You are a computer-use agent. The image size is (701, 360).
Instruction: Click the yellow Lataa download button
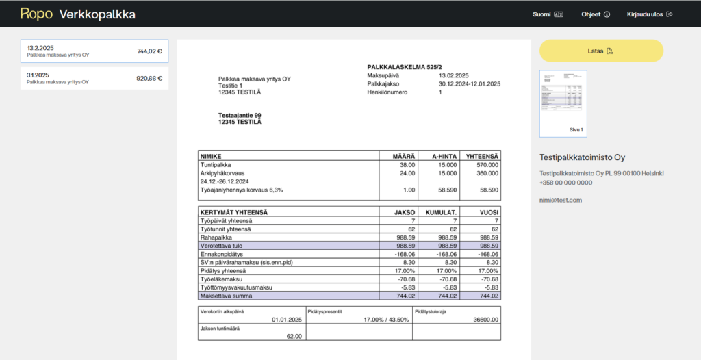tap(601, 51)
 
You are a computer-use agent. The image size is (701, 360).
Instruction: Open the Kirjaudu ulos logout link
tap(650, 14)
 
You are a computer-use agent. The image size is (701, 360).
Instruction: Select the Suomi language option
tap(547, 14)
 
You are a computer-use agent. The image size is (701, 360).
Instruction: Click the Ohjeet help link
tap(594, 14)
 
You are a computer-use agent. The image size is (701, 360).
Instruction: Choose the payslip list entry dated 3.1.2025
tap(94, 78)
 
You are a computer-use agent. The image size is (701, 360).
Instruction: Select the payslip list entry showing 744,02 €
tap(94, 51)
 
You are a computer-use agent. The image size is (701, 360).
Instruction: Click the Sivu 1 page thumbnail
tap(563, 103)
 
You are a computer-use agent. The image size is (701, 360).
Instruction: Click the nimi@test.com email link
tap(560, 200)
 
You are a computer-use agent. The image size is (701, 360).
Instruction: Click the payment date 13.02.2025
tap(453, 75)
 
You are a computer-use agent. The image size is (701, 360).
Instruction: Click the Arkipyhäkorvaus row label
tap(222, 173)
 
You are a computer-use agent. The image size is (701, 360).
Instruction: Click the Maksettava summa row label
tap(227, 296)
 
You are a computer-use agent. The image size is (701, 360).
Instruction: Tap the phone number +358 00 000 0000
tap(566, 183)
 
